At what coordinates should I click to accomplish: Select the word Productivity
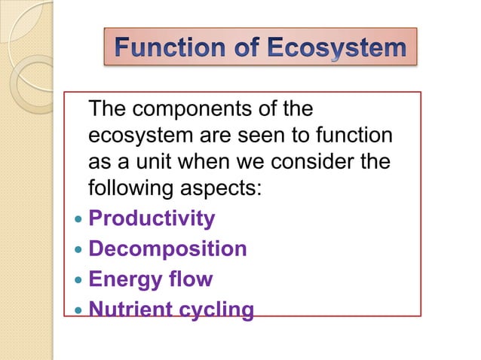(152, 219)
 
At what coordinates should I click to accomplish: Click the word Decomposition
(167, 249)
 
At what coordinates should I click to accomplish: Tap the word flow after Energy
(190, 279)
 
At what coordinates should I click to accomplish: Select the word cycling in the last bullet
(214, 310)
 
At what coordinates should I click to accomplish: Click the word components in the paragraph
(198, 111)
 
